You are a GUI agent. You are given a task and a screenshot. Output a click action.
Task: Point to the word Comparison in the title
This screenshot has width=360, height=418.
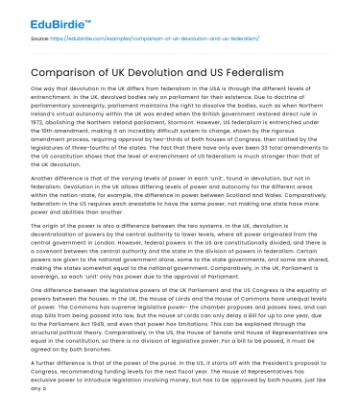point(63,70)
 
